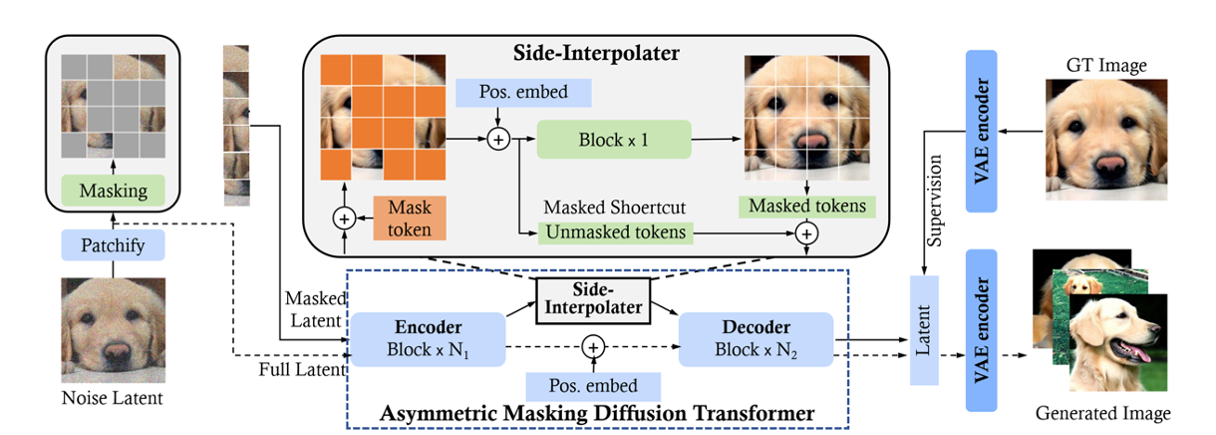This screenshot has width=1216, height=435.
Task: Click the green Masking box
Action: coord(113,190)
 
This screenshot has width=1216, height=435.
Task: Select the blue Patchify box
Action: coord(113,243)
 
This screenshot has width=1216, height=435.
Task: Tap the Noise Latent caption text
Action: coord(114,399)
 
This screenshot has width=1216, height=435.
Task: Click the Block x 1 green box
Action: coord(613,140)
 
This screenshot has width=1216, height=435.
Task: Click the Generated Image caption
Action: coord(1102,412)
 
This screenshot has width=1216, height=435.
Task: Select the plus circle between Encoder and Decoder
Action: coord(593,346)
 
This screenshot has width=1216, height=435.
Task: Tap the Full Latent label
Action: coord(301,369)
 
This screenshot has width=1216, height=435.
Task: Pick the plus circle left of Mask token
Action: coord(345,217)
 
